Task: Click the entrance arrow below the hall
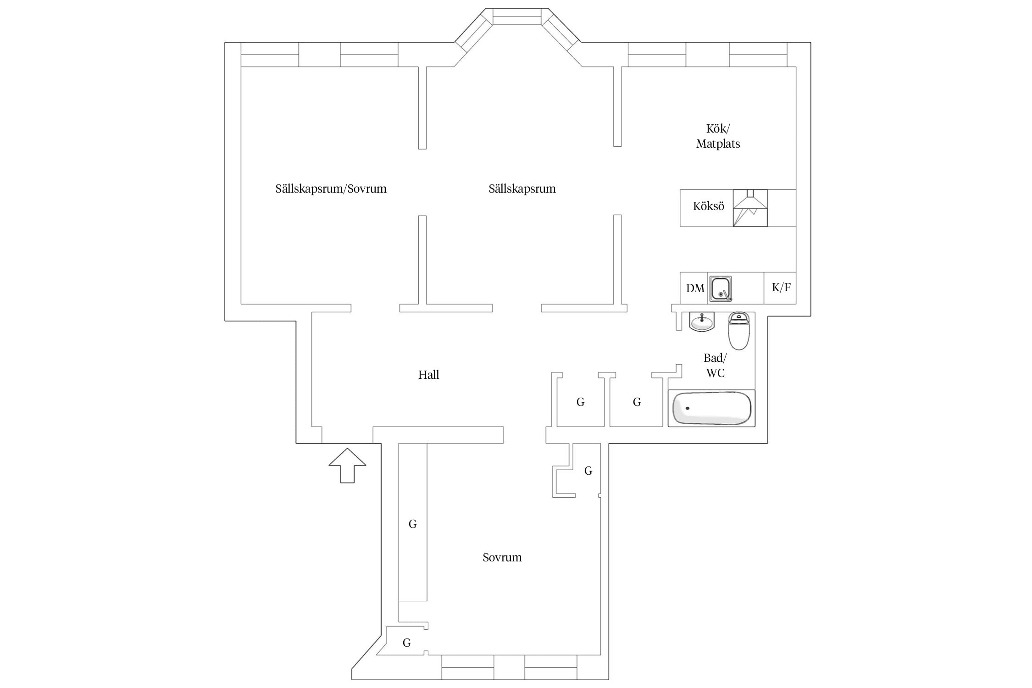click(x=347, y=465)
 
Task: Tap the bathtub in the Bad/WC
click(x=711, y=408)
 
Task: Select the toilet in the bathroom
click(x=738, y=331)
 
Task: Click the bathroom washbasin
click(x=702, y=321)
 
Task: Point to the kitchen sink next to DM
click(x=720, y=289)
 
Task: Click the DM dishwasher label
click(x=695, y=288)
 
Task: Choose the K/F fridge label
click(x=781, y=288)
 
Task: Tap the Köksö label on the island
click(x=708, y=206)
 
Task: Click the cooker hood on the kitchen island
click(x=750, y=208)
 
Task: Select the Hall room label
click(x=428, y=375)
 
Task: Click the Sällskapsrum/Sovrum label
click(x=331, y=189)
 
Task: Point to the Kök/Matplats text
click(x=718, y=136)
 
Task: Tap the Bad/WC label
click(x=715, y=366)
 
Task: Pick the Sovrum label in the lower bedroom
click(x=502, y=557)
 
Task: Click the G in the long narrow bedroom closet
click(x=412, y=524)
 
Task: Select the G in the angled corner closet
click(x=406, y=643)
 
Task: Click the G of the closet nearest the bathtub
click(x=637, y=402)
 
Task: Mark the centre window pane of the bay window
click(x=517, y=17)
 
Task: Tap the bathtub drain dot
click(x=687, y=408)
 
